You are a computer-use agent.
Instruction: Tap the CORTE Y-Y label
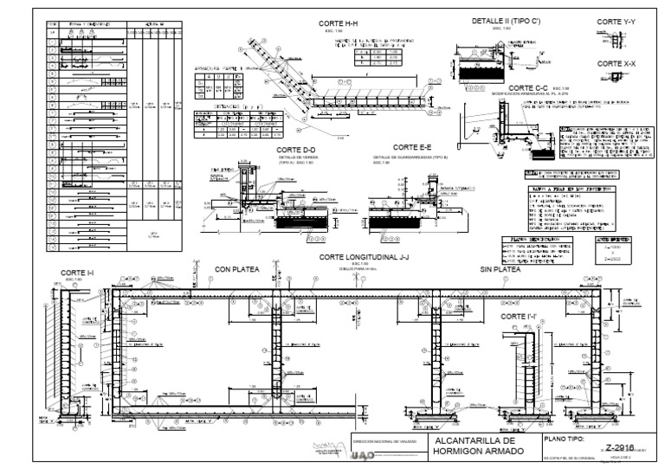pos(616,21)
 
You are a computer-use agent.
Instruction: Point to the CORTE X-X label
pos(616,64)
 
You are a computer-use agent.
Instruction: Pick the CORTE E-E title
pos(412,148)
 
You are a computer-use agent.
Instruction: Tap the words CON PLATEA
pos(236,269)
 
